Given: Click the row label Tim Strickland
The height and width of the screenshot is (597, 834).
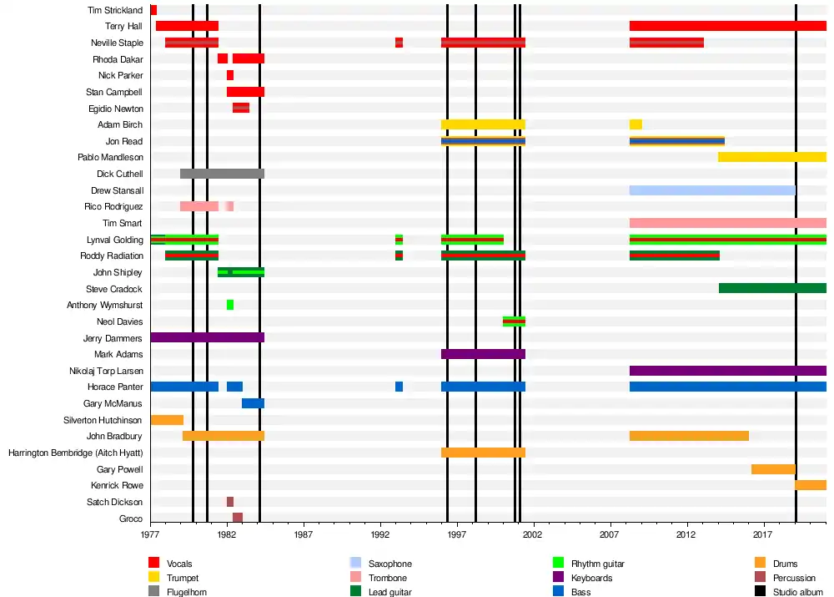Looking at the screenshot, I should coord(115,10).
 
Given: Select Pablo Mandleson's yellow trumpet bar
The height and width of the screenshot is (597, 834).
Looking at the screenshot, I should coord(771,157).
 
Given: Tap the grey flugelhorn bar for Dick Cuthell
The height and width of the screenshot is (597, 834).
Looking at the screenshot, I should coord(222,174).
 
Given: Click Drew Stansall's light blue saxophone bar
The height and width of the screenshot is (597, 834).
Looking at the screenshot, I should coord(712,190).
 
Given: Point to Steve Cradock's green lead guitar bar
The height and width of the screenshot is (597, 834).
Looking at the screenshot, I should coord(772,288).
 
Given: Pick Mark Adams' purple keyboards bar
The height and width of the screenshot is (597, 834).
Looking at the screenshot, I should coord(483,354).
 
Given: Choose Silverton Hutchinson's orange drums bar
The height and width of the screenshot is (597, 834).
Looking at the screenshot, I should coord(167,420).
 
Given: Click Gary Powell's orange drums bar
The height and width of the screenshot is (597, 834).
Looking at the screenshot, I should coord(773,469).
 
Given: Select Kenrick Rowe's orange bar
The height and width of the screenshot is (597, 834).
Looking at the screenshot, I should coord(811,485).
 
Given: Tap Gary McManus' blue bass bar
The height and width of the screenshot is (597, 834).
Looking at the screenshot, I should coord(253,403).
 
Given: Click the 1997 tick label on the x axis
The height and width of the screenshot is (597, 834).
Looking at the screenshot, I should coord(457,534).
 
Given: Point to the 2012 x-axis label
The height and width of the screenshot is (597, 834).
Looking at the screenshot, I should coord(686,534).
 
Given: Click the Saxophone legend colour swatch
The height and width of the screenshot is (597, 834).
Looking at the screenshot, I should coord(355,564).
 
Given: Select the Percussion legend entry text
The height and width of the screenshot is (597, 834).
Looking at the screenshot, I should coord(794,578).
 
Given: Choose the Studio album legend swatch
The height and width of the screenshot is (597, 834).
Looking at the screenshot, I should coord(760,592).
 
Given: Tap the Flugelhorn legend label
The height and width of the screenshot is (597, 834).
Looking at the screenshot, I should coord(187,592).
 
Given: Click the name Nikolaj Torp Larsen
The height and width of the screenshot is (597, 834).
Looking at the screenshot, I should coord(106,371).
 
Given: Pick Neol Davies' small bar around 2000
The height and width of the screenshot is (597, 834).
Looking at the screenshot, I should coord(514,321).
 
